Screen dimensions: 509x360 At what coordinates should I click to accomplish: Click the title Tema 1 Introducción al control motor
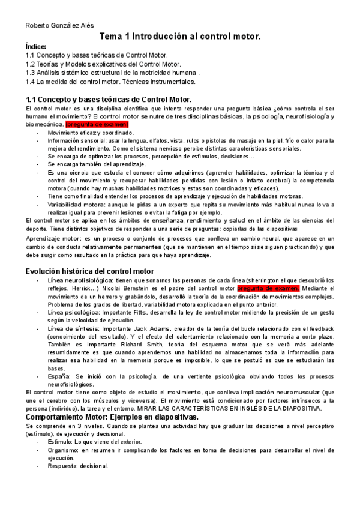click(x=180, y=37)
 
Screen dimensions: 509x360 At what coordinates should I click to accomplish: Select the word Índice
click(x=36, y=46)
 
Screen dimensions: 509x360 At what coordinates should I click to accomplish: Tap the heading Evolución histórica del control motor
click(x=89, y=271)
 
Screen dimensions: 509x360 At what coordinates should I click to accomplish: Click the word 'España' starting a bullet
click(x=59, y=376)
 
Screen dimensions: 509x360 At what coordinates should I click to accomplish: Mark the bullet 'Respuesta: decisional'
click(x=78, y=465)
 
